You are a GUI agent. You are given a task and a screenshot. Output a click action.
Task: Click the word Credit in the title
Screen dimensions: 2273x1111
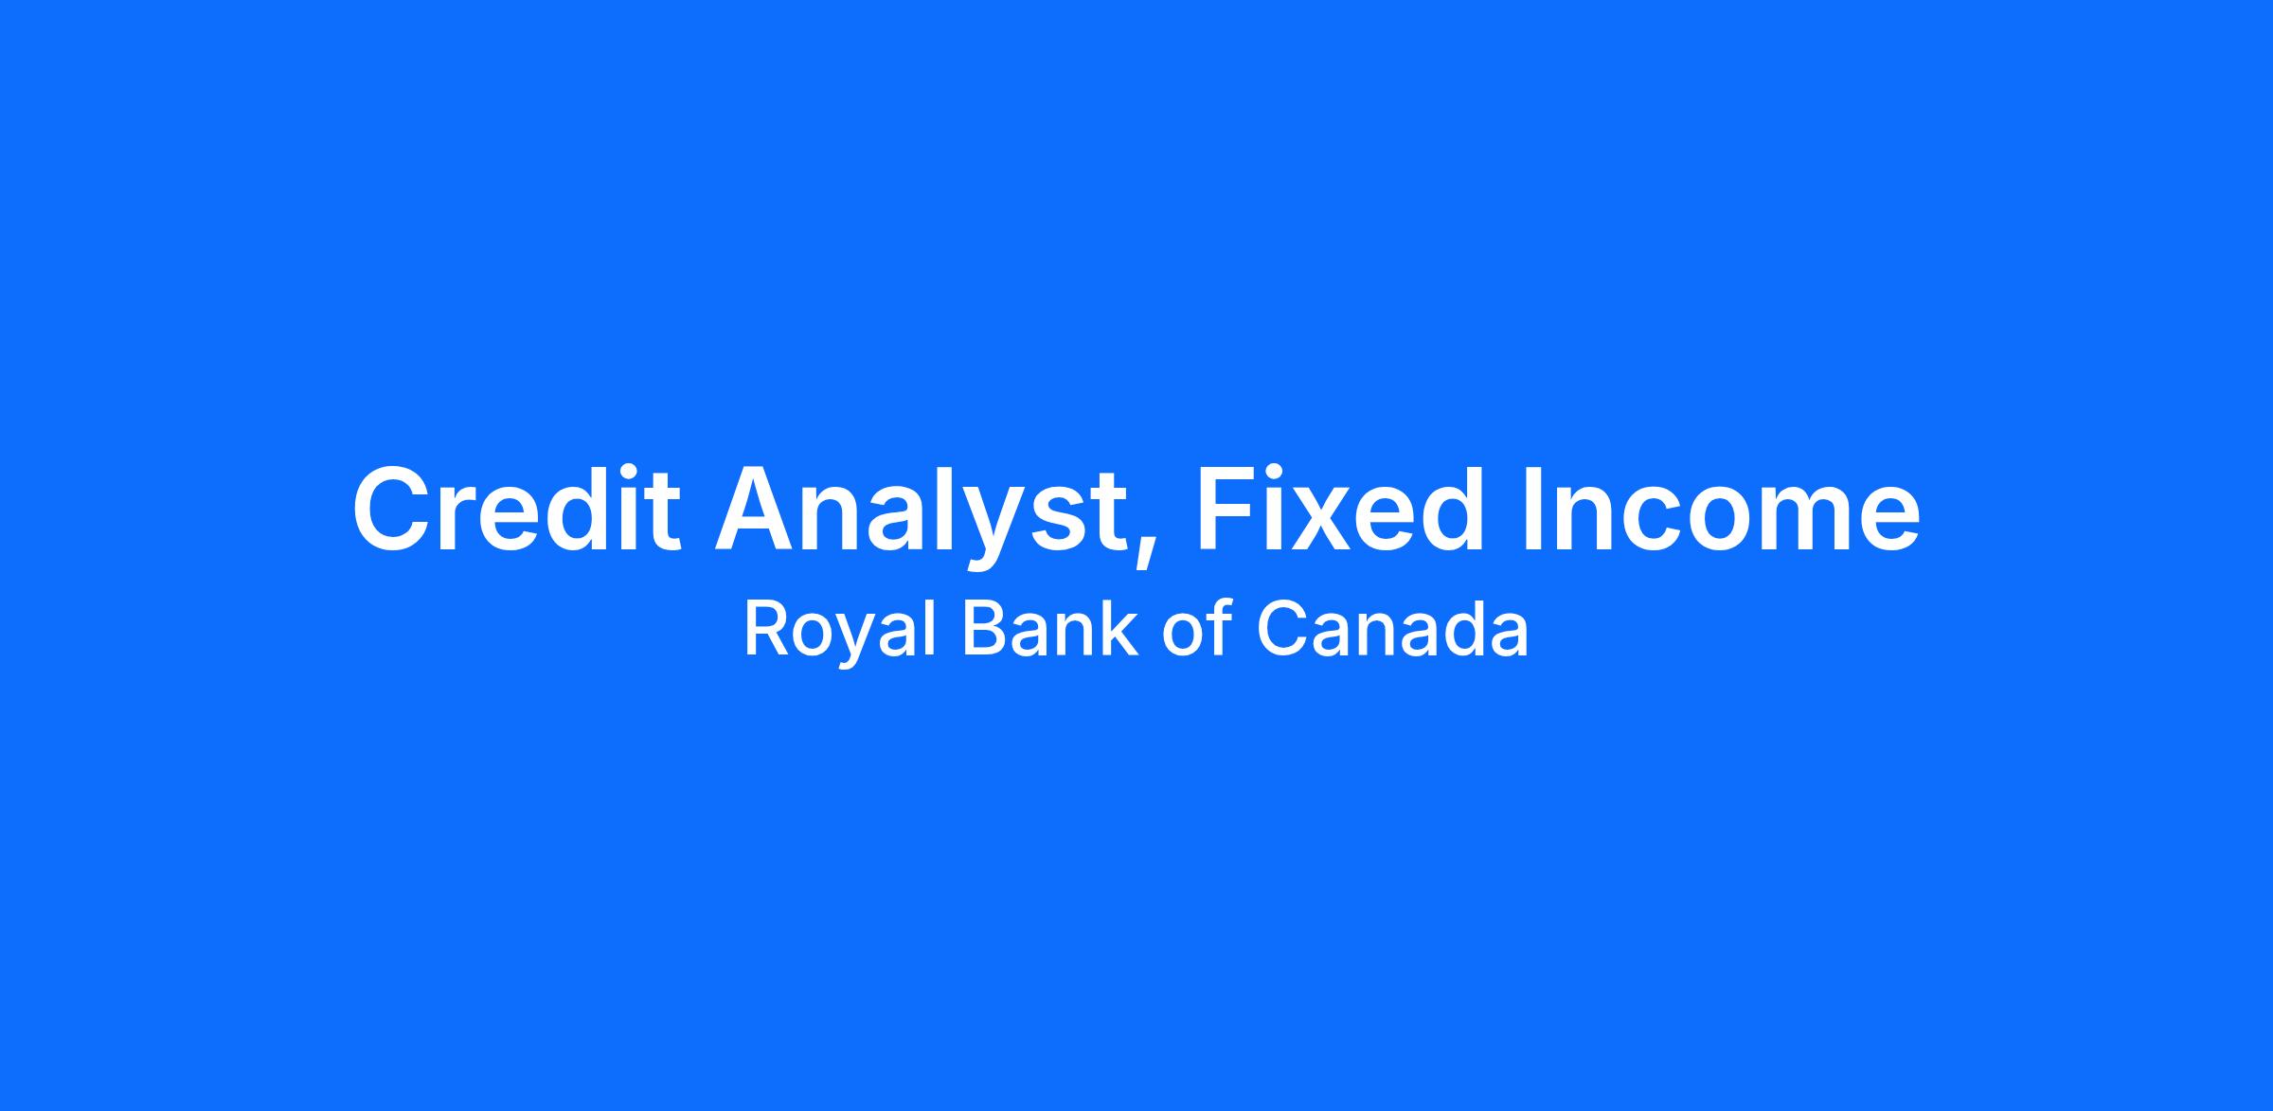point(516,508)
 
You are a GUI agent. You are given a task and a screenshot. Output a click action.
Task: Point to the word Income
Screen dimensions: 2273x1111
point(1721,509)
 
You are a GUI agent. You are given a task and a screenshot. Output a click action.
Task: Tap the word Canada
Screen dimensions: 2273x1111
point(1392,630)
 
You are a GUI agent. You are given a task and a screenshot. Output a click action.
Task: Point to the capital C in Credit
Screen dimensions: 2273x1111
point(392,509)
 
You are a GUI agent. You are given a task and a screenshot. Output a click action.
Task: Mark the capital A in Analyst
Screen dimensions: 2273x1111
point(758,509)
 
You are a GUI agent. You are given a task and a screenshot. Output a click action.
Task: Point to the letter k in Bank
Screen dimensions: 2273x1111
point(1119,629)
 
